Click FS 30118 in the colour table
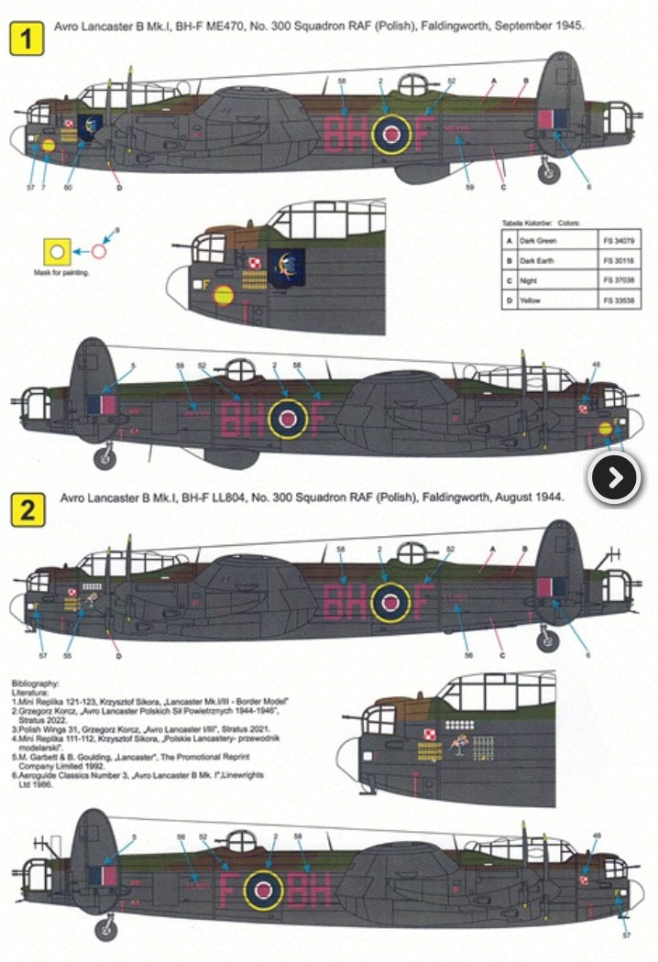[620, 261]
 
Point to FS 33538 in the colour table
[620, 301]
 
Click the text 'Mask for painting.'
[61, 272]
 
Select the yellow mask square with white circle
[57, 250]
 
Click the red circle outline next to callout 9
[100, 248]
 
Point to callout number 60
[68, 187]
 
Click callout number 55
[68, 656]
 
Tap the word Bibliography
[37, 683]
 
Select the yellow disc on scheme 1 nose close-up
[223, 295]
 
